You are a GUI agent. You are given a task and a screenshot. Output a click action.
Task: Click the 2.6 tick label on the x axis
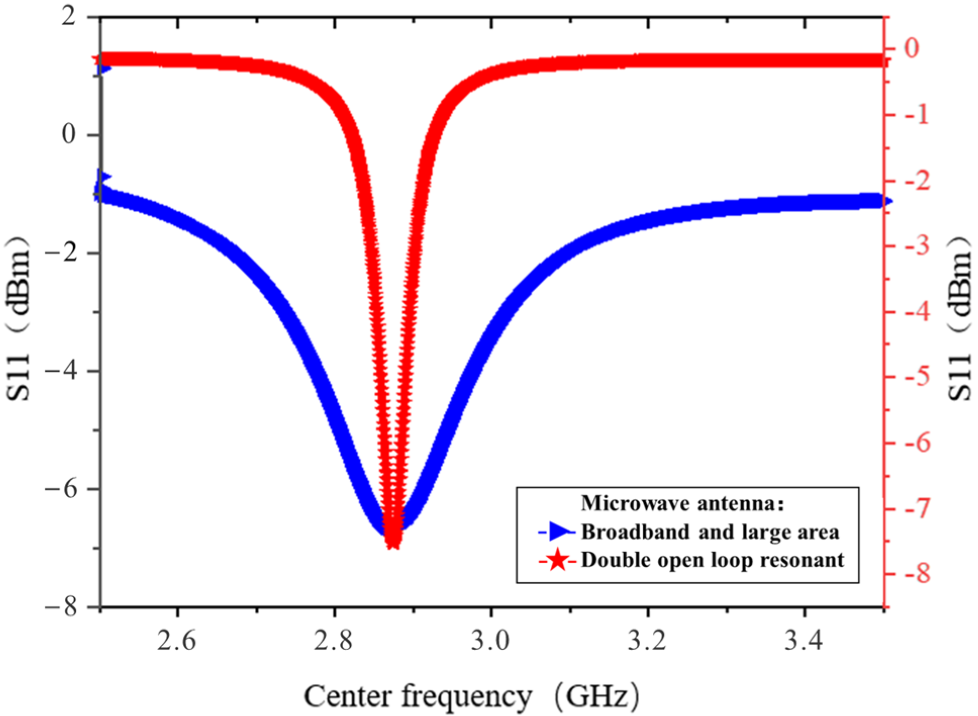coord(176,641)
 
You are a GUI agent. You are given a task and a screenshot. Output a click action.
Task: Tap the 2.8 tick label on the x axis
coord(333,641)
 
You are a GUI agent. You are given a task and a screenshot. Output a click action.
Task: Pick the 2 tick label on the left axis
coord(69,17)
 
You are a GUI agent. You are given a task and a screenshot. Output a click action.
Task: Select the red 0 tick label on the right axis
coord(911,49)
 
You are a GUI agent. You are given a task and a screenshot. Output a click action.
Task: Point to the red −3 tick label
coord(916,246)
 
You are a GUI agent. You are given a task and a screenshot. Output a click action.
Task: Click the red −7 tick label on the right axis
coord(916,508)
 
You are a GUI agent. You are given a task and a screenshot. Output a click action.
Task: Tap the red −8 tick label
coord(916,574)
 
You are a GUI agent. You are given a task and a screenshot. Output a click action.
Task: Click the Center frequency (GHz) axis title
coord(471,697)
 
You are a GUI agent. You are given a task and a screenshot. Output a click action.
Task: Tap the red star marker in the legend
coord(558,560)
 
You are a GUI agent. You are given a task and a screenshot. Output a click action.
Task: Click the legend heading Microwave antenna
coord(682,503)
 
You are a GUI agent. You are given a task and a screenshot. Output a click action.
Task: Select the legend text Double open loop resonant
coord(712,560)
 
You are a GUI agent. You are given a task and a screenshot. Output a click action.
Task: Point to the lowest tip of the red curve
coord(392,547)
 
